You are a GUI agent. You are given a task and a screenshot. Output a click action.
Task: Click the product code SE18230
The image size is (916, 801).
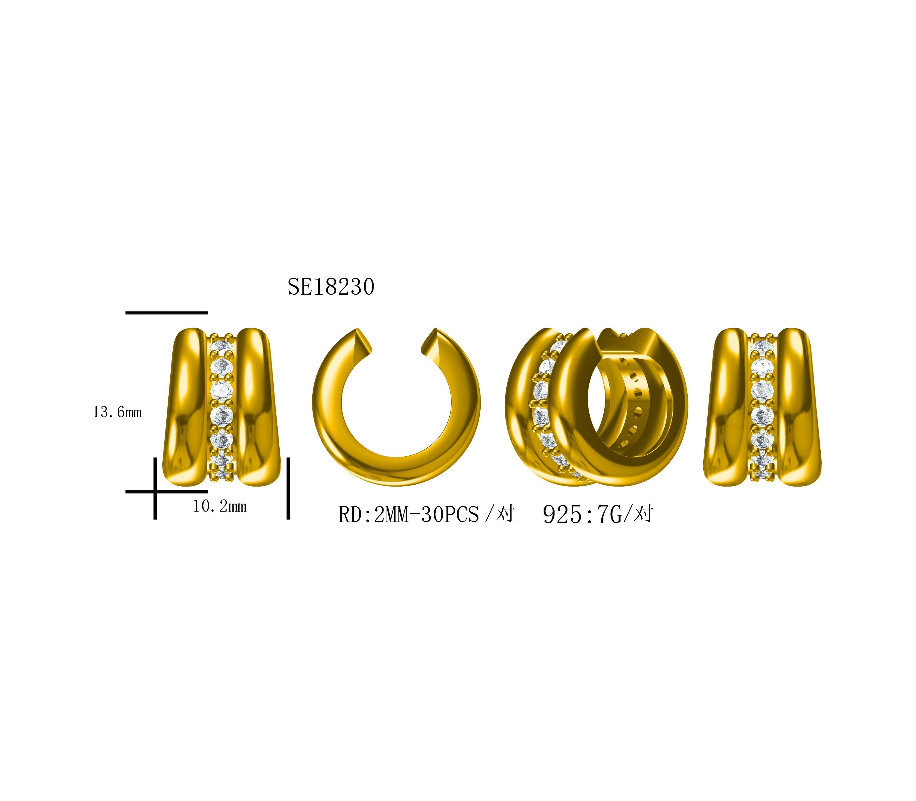331,287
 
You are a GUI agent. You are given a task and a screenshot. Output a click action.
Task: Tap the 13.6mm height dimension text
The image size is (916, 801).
117,412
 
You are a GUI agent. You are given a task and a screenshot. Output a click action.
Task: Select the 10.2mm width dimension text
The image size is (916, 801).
220,506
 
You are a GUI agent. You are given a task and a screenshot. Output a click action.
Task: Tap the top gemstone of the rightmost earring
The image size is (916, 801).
762,346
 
